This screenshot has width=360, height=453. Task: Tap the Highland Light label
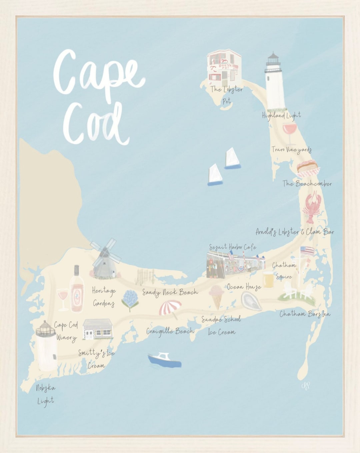click(281, 115)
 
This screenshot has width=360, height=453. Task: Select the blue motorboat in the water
click(164, 360)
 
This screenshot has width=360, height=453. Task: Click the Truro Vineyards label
click(291, 150)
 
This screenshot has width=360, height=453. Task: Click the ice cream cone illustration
click(216, 296)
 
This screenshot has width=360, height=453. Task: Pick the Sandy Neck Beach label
click(170, 293)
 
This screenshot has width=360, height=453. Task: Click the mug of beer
click(268, 279)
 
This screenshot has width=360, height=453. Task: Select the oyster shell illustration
click(251, 301)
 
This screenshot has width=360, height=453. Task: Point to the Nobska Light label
click(45, 394)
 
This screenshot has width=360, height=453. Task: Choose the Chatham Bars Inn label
click(305, 314)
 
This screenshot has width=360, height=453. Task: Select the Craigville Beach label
click(170, 331)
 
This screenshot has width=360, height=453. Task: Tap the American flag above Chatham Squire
click(307, 251)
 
